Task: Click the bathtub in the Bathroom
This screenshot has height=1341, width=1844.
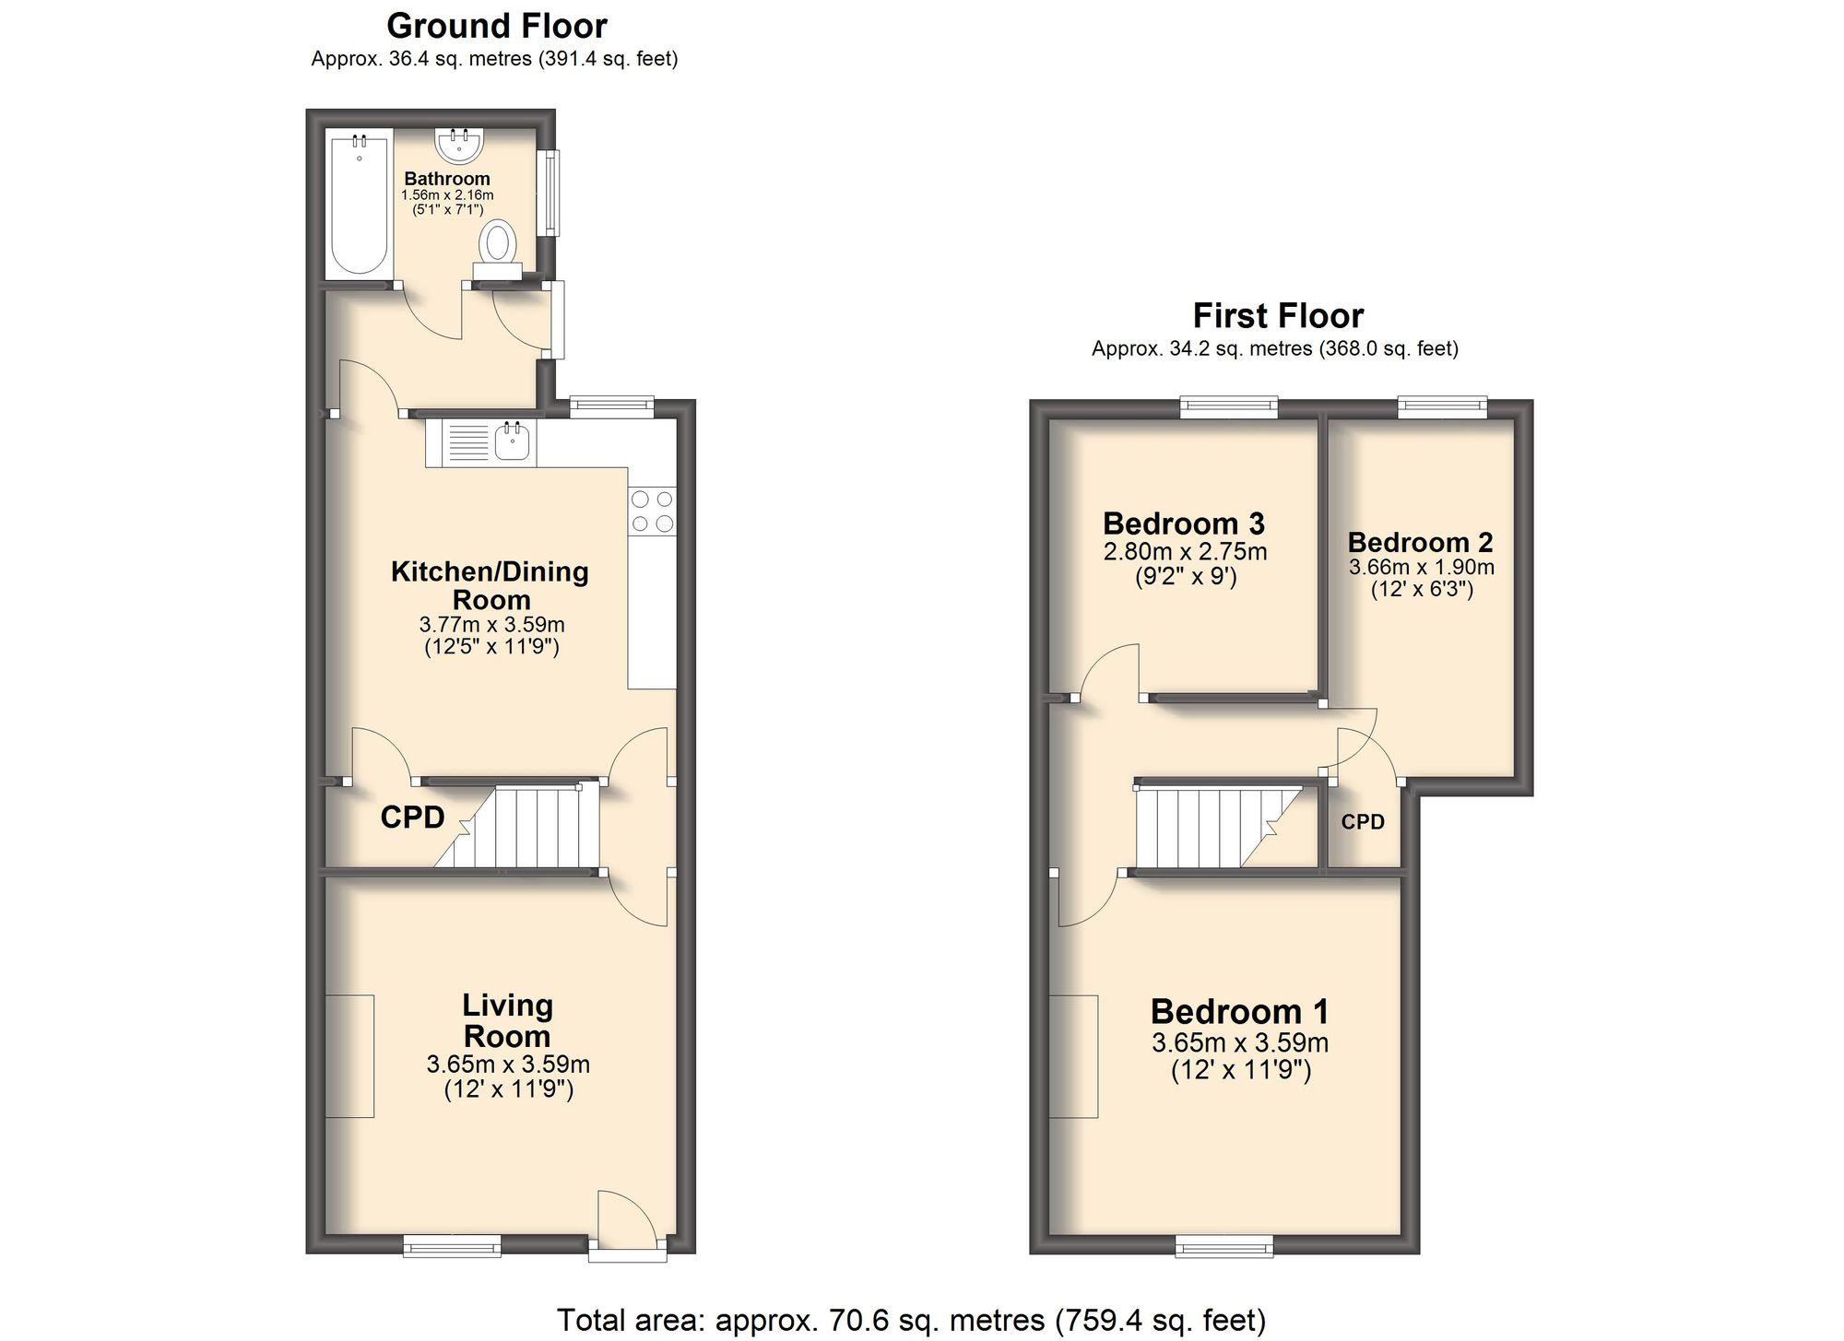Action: coord(360,205)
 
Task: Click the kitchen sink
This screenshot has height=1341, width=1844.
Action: coord(512,442)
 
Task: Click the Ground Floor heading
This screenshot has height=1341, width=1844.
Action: coord(496,26)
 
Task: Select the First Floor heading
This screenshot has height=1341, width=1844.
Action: coord(1277,316)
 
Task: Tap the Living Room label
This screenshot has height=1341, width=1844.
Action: coord(507,1020)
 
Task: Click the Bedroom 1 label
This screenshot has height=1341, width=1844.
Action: coord(1239,1012)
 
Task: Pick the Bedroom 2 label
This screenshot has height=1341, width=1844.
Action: coord(1420,542)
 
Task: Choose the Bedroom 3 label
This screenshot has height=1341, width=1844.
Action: coord(1184,523)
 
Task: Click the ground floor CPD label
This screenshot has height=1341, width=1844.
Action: coord(412,818)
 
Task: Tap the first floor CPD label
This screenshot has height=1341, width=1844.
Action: coord(1362,822)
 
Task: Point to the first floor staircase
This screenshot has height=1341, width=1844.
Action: coord(1217,827)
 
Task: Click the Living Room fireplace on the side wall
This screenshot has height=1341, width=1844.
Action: coord(349,1056)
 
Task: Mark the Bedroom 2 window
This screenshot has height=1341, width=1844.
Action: coord(1442,406)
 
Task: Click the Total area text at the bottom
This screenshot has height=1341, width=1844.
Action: coord(911,1320)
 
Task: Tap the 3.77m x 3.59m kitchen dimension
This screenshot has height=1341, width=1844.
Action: coord(491,624)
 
